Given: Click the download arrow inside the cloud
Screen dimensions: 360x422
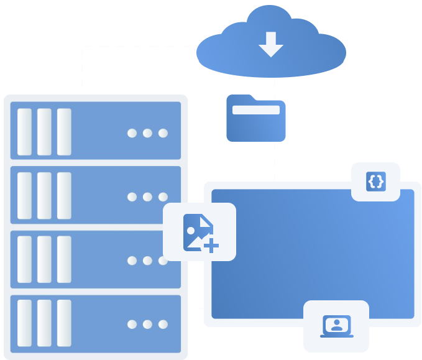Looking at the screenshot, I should (271, 44).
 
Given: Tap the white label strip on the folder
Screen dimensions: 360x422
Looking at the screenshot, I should (255, 110).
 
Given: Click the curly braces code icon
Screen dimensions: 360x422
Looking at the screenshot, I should (375, 182).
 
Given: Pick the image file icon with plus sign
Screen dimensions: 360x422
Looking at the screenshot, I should (200, 232).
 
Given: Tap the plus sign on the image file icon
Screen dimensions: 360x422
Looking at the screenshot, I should (211, 246).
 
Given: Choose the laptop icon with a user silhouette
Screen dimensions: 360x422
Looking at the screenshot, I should (336, 326).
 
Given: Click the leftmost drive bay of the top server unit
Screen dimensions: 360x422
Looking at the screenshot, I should (24, 132).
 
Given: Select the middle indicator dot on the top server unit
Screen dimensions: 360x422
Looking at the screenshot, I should (147, 133).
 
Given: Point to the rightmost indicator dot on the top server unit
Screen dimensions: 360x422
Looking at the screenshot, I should (163, 133).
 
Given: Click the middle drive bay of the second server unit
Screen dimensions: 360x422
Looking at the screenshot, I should (44, 195).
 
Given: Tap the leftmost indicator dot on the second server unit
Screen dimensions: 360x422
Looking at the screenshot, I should (132, 197).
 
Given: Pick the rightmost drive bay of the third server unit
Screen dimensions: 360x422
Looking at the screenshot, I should (64, 259).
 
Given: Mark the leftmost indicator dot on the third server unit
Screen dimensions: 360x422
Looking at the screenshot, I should (132, 261).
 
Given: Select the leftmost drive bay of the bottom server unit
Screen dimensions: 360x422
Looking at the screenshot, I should (24, 323).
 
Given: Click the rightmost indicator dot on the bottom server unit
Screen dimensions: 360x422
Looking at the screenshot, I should (163, 324).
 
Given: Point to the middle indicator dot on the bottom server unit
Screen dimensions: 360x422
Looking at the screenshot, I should (147, 324).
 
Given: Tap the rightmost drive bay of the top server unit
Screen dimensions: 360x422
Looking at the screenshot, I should (64, 132).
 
